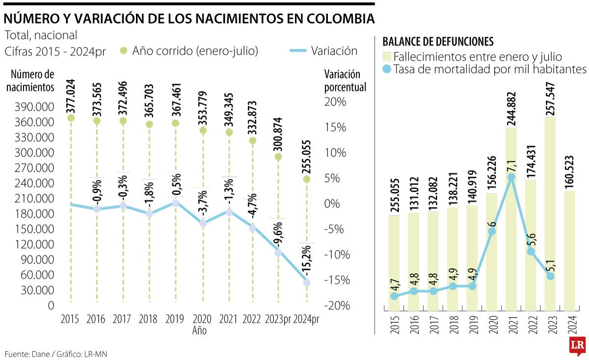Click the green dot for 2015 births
coord(71,118)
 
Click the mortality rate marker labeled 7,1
coord(512,177)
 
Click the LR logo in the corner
coord(577,346)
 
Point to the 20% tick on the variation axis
coord(337,102)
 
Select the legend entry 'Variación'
coord(334,51)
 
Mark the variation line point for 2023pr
coord(278,253)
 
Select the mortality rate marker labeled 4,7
coord(394,296)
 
